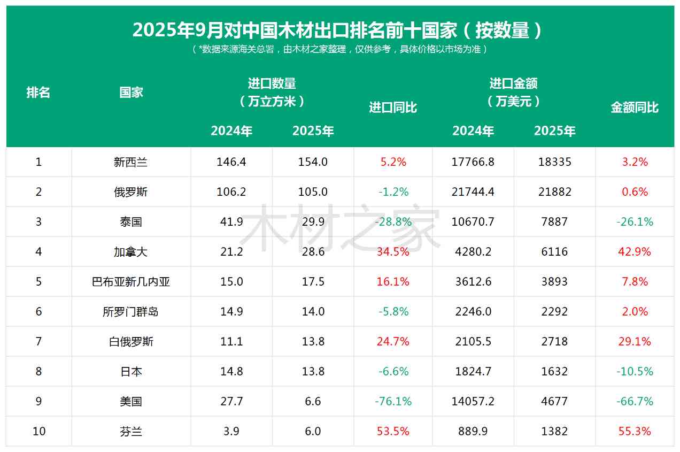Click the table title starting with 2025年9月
pos(337,30)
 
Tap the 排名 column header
pos(38,93)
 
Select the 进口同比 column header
pos(393,108)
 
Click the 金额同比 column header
pos(635,108)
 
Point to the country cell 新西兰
pos(130,162)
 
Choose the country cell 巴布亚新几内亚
pos(130,282)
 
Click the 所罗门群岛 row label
pos(130,312)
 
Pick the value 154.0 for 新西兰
pos(313,162)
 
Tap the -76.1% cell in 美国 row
pos(393,402)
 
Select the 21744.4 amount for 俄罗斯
pos(473,192)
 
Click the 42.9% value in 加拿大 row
pos(635,252)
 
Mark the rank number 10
pos(38,432)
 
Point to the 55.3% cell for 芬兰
pos(635,432)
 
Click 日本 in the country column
pos(130,372)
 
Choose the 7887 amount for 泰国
pos(554,222)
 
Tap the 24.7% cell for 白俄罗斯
pos(393,342)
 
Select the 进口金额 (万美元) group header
pos(513,92)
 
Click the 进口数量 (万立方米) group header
pos(272,92)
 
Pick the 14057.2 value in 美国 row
pos(473,402)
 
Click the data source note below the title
pos(339,50)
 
